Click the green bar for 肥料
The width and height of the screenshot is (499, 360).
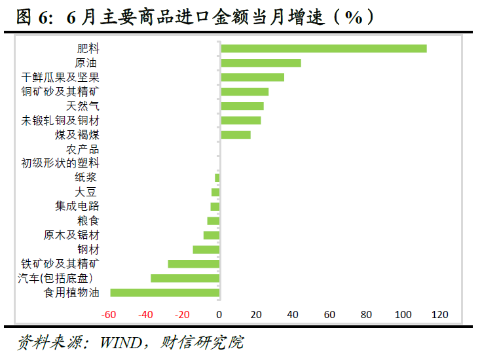pos(323,48)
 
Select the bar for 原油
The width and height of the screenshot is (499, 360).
pos(261,63)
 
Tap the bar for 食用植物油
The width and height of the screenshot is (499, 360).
pos(164,293)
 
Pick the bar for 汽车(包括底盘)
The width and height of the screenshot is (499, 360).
pos(185,278)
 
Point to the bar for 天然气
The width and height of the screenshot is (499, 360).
pos(242,106)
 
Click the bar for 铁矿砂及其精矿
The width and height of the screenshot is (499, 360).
pos(193,264)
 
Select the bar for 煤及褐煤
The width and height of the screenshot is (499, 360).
pos(236,135)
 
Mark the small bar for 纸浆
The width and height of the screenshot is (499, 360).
pos(217,178)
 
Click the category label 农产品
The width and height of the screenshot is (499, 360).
pos(83,149)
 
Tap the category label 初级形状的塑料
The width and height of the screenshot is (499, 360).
pos(60,163)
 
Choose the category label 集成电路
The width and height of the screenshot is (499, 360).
pos(77,206)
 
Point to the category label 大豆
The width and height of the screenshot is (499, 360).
pos(86,192)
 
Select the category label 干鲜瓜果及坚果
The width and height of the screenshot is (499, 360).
pos(60,77)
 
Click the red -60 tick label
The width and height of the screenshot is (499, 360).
pos(109,314)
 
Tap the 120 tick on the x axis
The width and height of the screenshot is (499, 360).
pos(439,314)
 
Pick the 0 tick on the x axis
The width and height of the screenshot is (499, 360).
pos(219,314)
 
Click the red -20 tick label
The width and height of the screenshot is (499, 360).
pos(182,314)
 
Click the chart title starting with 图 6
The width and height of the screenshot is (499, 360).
pos(196,17)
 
